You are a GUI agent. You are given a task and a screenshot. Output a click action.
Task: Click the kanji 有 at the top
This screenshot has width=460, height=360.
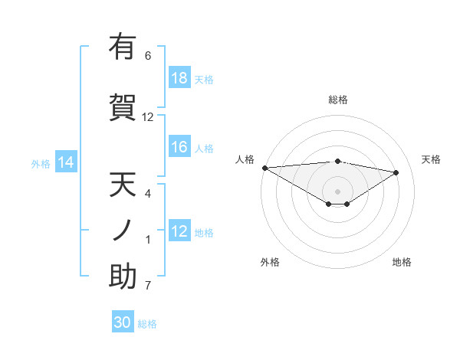(123, 47)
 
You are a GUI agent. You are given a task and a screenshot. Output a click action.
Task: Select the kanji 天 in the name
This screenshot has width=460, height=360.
(123, 185)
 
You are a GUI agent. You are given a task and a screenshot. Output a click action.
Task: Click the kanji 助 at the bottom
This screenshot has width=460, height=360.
(123, 277)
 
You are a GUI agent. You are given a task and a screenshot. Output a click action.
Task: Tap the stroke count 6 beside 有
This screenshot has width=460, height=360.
(148, 56)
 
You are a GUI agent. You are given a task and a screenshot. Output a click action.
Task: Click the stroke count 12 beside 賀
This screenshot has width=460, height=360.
(148, 116)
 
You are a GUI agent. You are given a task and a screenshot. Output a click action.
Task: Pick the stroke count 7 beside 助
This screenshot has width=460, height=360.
(148, 286)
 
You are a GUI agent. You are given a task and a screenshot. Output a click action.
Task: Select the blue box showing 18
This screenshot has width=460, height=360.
(179, 78)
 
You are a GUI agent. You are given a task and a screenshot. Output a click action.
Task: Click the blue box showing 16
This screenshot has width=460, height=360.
(179, 147)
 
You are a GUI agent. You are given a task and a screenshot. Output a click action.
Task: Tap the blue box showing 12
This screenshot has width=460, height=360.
(179, 231)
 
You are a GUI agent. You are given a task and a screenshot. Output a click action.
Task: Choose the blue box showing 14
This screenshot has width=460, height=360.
(65, 162)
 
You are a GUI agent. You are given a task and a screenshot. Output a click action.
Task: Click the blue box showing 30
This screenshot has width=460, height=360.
(123, 322)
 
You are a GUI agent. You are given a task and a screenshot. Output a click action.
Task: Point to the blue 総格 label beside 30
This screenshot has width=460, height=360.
(147, 324)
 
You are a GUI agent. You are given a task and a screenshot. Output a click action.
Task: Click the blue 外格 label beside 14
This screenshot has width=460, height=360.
(41, 163)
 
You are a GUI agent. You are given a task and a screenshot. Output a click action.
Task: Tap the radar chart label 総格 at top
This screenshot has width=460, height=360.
(337, 100)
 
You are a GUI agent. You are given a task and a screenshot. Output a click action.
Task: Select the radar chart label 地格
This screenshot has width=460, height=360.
(402, 262)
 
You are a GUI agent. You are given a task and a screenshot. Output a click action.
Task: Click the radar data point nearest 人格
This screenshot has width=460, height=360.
(264, 168)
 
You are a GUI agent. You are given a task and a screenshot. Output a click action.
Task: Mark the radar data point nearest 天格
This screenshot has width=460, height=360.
(396, 172)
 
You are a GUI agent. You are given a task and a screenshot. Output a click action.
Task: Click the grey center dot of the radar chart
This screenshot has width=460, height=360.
(337, 191)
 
